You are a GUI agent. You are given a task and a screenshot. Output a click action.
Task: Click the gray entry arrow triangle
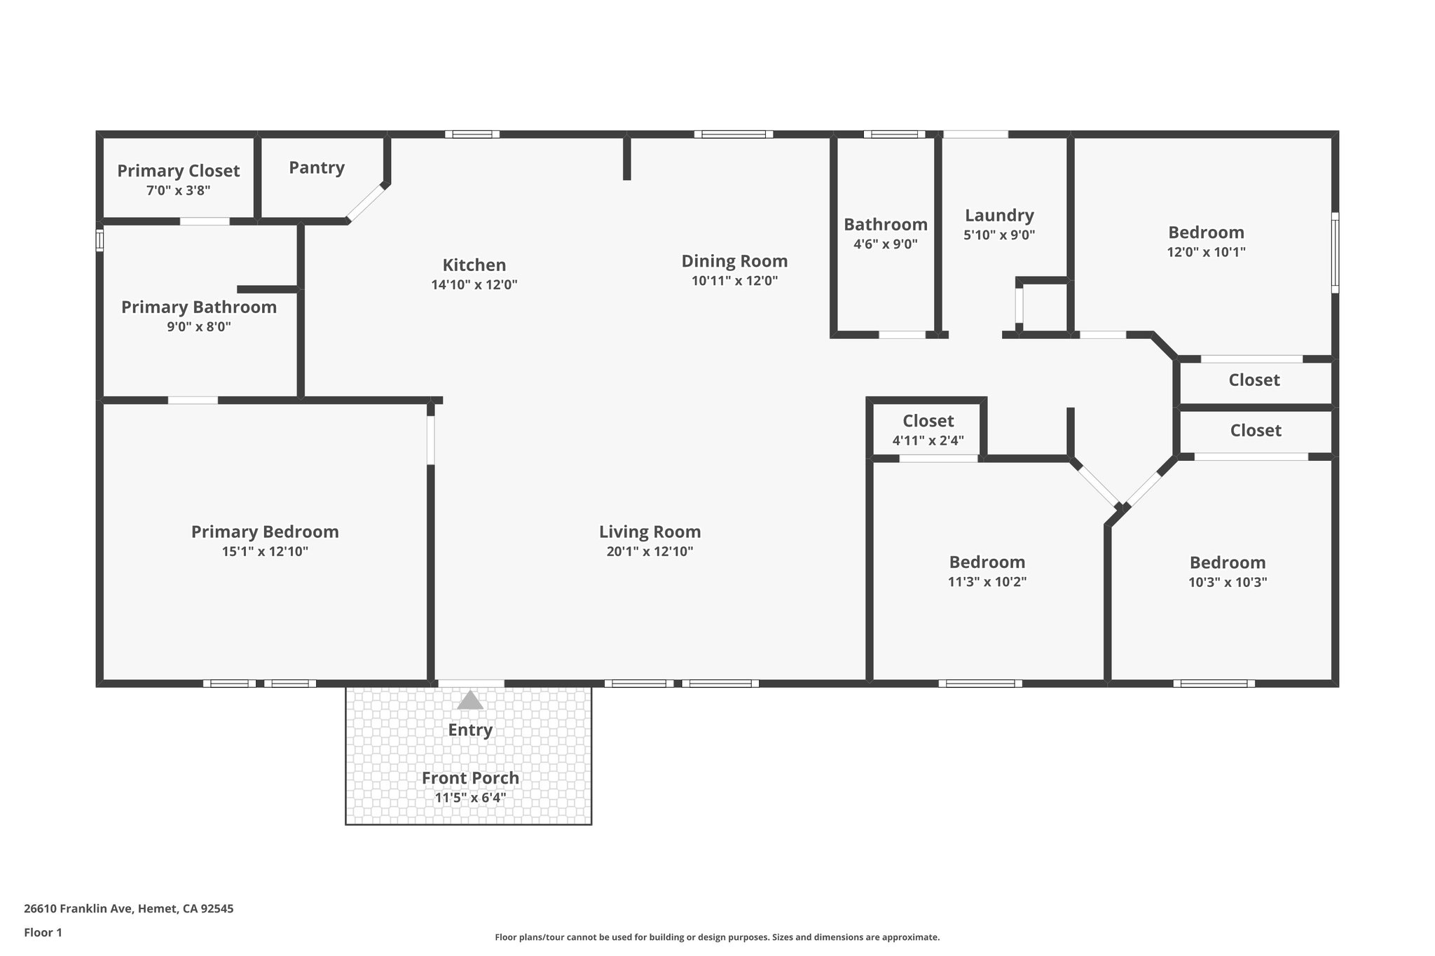click(470, 700)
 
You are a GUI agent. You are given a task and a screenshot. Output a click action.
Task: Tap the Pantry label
click(317, 167)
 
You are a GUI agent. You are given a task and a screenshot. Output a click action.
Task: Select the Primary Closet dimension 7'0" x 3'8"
click(178, 190)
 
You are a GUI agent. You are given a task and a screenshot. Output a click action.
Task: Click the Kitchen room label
click(474, 265)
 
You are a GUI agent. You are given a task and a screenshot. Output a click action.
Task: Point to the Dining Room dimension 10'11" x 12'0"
click(734, 281)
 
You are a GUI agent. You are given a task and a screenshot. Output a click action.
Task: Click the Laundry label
click(999, 215)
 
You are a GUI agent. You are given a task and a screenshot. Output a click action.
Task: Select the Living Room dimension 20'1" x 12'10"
click(650, 551)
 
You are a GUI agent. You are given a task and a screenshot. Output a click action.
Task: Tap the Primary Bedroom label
click(265, 532)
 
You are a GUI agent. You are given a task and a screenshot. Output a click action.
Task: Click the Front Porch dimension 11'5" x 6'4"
click(470, 797)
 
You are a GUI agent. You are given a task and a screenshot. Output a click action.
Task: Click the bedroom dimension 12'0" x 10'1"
click(1206, 252)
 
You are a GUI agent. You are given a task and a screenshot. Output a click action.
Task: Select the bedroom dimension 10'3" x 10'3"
click(1228, 582)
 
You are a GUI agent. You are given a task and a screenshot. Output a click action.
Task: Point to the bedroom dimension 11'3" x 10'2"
click(987, 581)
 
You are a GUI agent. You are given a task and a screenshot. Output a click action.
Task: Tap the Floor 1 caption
click(43, 932)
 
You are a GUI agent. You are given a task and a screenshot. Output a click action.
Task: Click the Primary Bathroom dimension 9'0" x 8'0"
click(198, 326)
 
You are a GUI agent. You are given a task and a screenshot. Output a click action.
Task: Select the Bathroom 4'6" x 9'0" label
click(885, 225)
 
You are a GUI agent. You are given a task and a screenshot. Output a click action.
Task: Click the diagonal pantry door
click(366, 203)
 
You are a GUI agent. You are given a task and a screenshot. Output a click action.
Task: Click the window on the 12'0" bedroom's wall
click(1335, 253)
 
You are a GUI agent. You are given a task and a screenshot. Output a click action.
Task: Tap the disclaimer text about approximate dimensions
click(717, 937)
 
